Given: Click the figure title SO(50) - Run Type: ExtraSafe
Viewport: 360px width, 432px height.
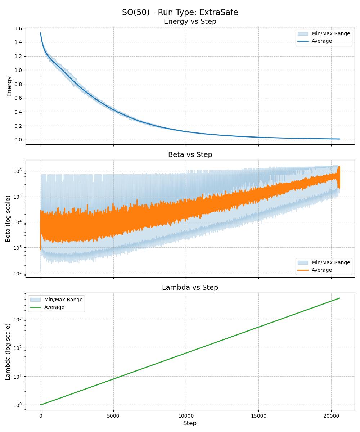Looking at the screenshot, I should [180, 12].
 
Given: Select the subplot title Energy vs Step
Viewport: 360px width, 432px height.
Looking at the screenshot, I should [190, 22].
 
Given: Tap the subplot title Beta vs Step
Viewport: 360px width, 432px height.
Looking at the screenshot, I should [190, 154].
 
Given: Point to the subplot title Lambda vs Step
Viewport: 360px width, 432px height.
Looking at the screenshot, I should [190, 287].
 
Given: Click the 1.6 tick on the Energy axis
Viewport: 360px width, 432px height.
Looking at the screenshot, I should [18, 28].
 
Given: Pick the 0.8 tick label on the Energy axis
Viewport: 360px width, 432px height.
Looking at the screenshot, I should [18, 84].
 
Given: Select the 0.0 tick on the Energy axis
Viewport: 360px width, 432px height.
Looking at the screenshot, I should [18, 140].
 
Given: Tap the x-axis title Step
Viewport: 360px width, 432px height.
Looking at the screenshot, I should [190, 423].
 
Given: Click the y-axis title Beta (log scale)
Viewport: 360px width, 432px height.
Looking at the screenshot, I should [8, 219].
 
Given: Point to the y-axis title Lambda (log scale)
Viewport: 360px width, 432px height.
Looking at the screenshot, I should [8, 351].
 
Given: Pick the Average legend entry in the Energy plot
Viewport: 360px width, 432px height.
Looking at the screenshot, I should [321, 41].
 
